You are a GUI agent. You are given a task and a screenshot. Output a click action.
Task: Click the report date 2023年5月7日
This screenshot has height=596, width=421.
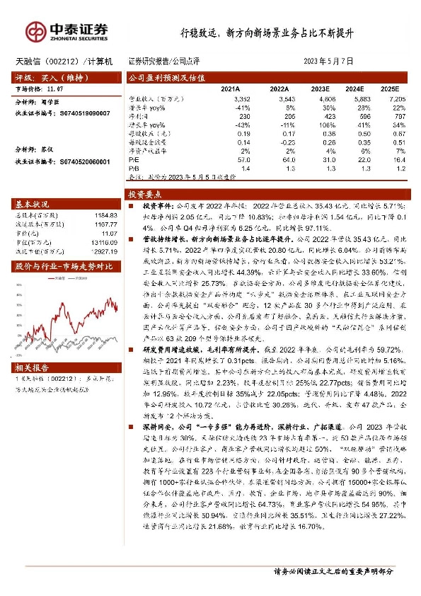pos(328,62)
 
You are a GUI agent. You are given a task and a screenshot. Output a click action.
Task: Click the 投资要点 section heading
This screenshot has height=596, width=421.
pos(145,193)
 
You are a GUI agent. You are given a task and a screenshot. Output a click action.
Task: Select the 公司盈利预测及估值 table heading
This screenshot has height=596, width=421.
pos(166,77)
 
